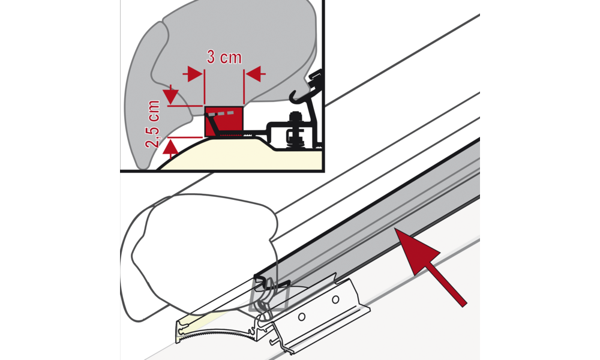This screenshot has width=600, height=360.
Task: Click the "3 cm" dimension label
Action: click(224, 58)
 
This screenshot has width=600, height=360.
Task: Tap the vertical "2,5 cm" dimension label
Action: click(152, 124)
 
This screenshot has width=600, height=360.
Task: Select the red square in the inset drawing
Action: click(224, 121)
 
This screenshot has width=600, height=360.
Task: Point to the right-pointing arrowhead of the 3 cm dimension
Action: click(194, 74)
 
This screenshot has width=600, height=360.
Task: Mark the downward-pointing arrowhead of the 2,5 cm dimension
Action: click(170, 95)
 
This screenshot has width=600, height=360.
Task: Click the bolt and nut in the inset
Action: click(294, 130)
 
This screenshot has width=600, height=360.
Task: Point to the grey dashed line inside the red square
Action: click(220, 113)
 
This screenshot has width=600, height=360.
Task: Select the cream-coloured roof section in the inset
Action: click(245, 155)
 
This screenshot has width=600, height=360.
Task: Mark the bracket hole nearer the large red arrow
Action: click(335, 299)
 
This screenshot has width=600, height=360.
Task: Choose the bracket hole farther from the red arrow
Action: click(302, 316)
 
